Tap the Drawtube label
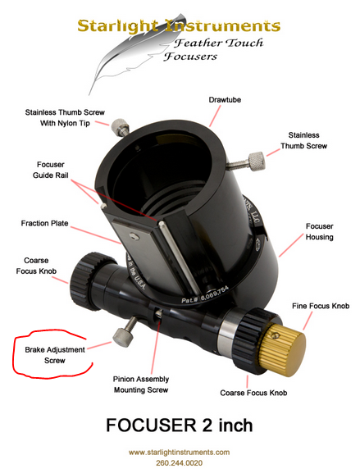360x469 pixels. point(225,100)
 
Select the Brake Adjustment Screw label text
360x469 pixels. point(55,355)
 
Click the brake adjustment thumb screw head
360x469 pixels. point(121,337)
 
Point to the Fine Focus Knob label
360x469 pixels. point(321,306)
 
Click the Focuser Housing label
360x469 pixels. point(319,231)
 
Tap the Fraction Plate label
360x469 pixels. point(44,223)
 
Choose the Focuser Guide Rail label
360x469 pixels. point(51,170)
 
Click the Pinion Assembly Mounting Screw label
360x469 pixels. point(141,385)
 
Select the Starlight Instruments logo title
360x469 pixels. point(179,26)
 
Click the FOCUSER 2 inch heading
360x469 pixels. point(180,425)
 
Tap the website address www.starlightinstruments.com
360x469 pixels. point(180,452)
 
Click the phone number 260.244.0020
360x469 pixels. point(179,462)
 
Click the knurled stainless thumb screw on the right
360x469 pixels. point(246,162)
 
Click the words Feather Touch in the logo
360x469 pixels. point(219,43)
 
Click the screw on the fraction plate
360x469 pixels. point(134,237)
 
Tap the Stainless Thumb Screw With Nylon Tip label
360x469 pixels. point(65,118)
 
